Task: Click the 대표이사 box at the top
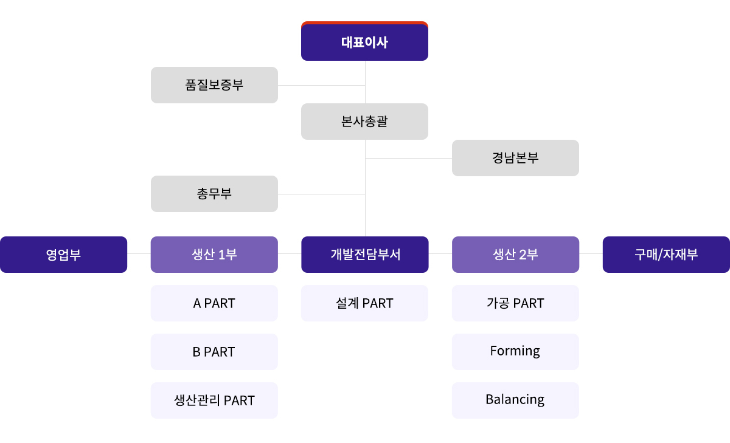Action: [364, 41]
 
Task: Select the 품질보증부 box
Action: [214, 85]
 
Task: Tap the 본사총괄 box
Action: [364, 122]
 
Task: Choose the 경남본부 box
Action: [515, 158]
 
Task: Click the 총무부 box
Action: [214, 194]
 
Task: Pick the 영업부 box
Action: [63, 255]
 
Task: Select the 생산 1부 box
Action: [214, 255]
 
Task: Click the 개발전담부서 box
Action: [364, 255]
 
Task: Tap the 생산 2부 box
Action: [515, 255]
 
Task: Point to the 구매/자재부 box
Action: [666, 255]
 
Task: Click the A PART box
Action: [214, 303]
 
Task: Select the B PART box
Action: [214, 351]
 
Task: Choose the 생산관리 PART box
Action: [214, 400]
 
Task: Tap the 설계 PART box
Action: [364, 303]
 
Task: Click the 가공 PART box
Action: [515, 303]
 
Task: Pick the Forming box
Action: [515, 351]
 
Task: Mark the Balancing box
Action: [515, 400]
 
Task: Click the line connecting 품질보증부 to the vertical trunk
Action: [322, 85]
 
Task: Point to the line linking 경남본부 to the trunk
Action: [409, 158]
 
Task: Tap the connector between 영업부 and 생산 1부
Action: [139, 253]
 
